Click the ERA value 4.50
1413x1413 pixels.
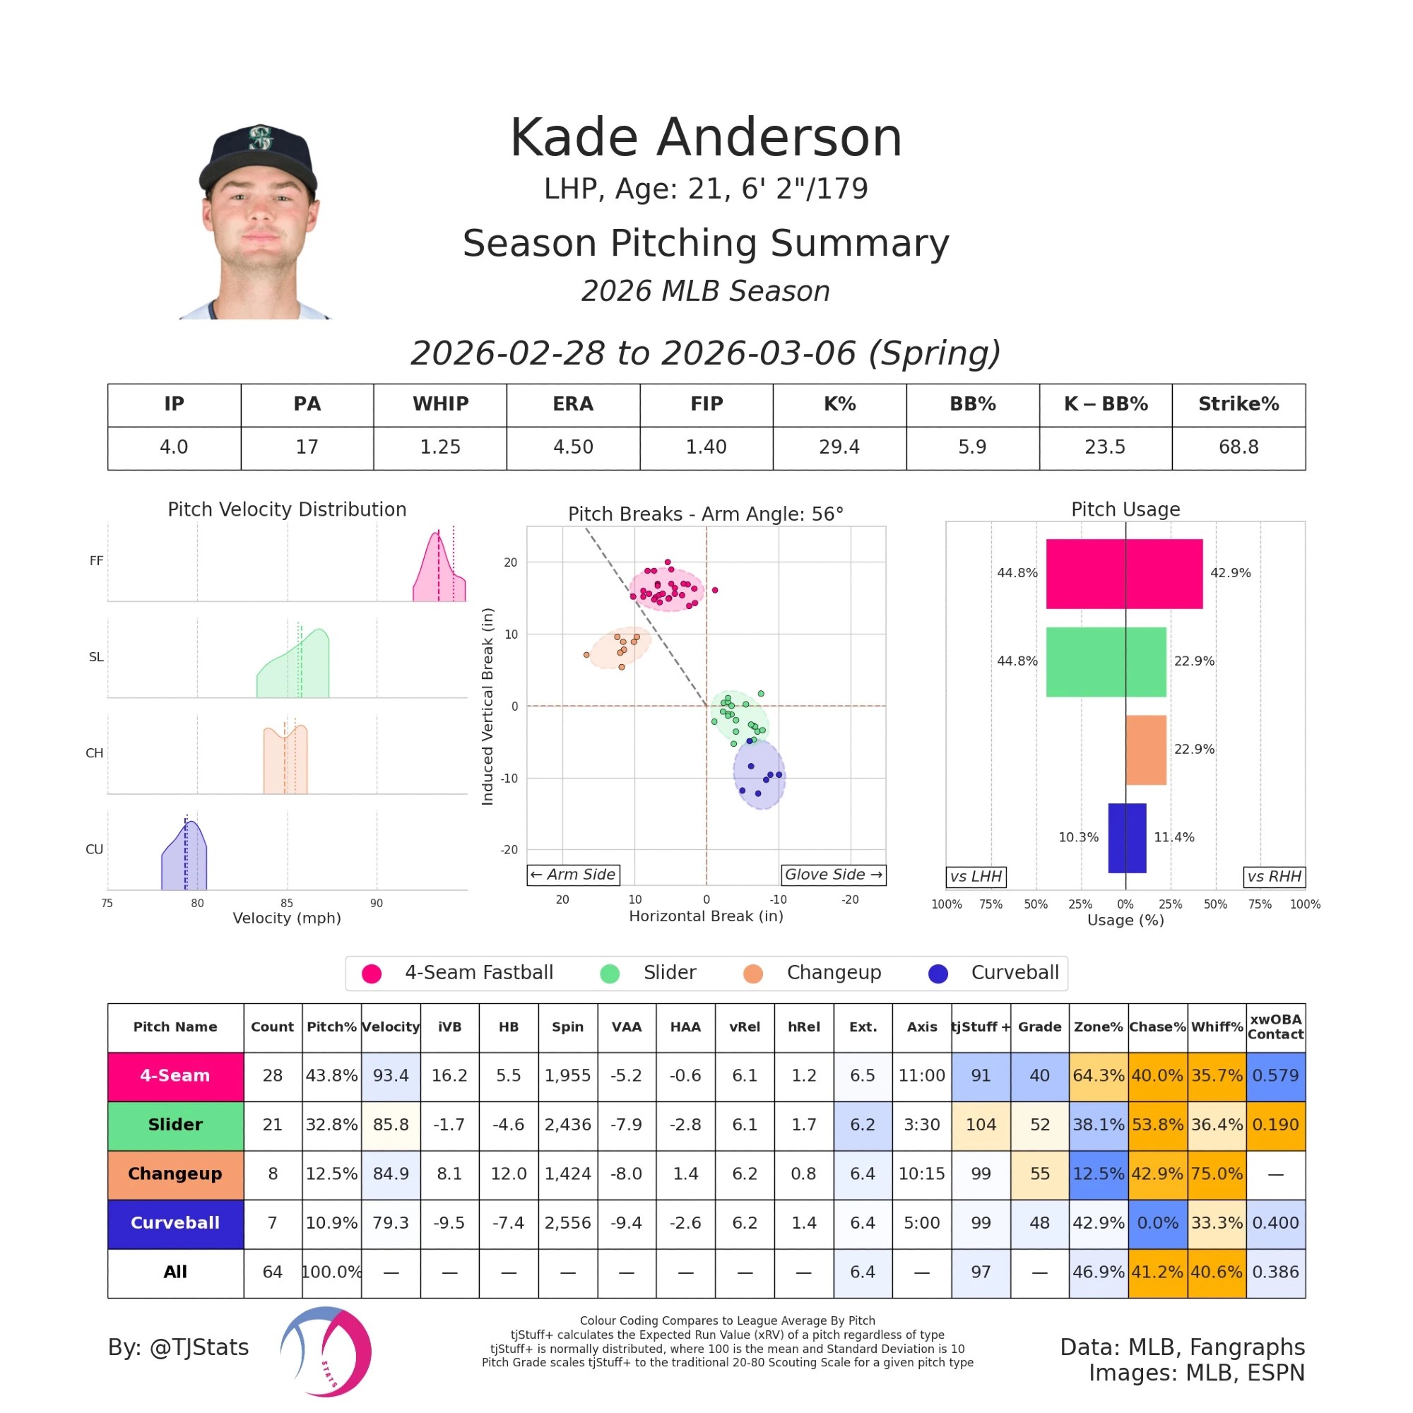click(573, 447)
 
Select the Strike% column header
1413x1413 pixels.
click(1238, 404)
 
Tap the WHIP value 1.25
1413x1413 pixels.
click(439, 447)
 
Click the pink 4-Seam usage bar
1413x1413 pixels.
click(1124, 574)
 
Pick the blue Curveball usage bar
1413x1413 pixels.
click(1127, 838)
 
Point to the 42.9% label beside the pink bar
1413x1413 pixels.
click(1230, 573)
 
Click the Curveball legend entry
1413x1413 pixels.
click(1015, 973)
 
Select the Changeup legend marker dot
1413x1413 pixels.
click(752, 974)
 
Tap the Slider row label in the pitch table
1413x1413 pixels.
click(175, 1125)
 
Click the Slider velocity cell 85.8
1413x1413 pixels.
click(391, 1125)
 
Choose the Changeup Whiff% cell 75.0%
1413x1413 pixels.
click(1217, 1173)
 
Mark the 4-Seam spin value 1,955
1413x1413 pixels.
click(567, 1076)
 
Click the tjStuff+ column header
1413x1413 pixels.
click(981, 1027)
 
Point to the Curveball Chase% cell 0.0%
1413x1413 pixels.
click(1157, 1223)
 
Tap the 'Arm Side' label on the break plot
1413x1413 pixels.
click(574, 875)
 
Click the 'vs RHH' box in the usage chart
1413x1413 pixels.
click(1274, 877)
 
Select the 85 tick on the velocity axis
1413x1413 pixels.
click(287, 903)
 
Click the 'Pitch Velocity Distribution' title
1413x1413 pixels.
click(287, 510)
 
